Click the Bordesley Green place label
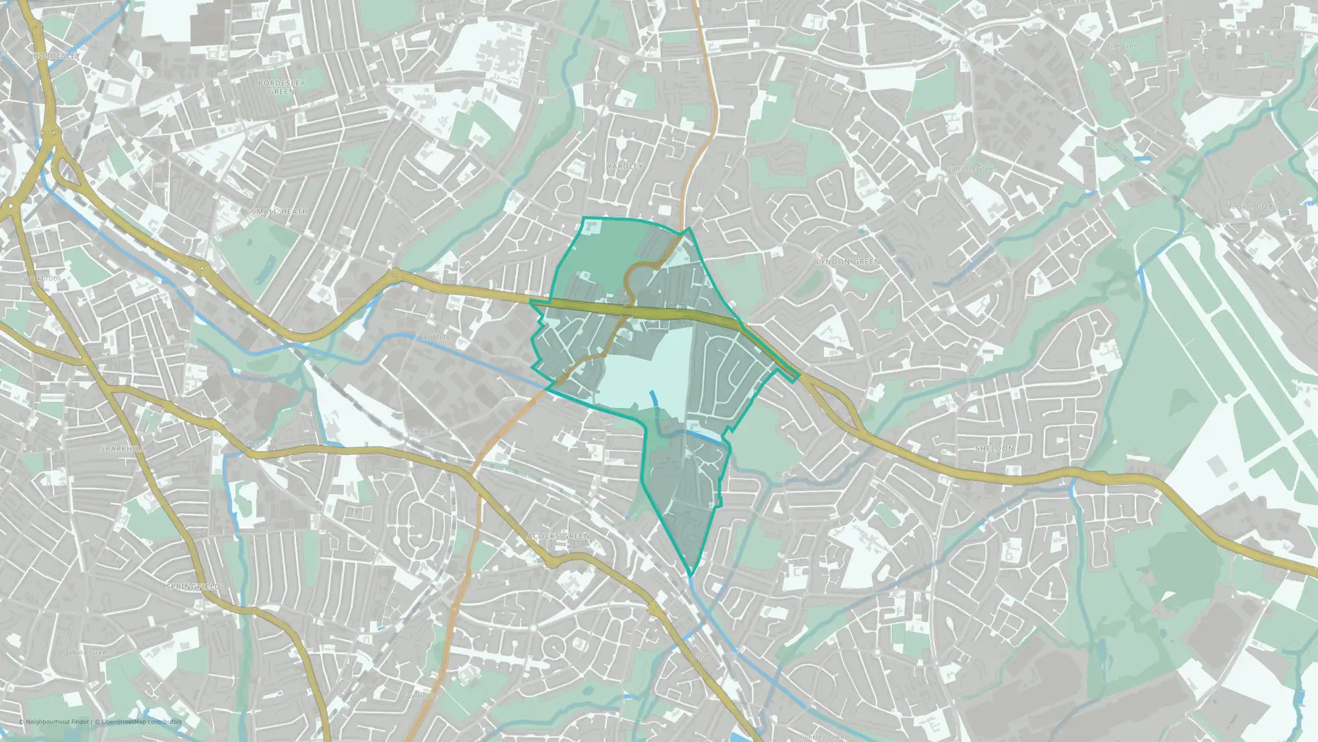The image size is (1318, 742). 281,87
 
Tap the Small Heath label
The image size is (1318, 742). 280,212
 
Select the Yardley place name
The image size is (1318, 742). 624,166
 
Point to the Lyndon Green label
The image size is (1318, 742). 848,262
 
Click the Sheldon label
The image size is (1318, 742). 994,448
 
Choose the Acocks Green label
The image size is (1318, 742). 558,536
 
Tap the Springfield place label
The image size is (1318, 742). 193,587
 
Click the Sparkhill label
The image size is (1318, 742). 123,448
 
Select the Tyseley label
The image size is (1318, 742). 422,431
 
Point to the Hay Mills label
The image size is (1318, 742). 433,337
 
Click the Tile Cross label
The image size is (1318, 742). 1124,47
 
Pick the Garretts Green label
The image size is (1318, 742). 971,169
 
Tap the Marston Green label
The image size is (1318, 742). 1250,207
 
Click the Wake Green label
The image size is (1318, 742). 90,652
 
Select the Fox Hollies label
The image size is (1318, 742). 422,696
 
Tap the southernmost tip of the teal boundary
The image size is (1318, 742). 691,576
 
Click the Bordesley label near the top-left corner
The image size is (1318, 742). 57,56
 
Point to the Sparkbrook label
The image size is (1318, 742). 42,278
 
